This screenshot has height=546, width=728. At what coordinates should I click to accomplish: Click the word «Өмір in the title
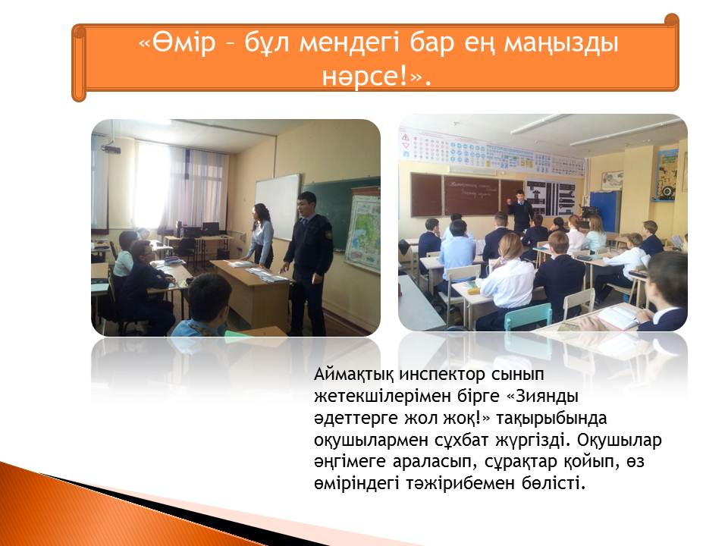coord(177,42)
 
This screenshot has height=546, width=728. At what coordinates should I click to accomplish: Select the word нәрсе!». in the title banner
coord(377,77)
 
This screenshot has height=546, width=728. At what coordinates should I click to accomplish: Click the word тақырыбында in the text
coord(551,419)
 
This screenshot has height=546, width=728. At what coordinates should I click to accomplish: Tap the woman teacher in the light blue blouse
coord(260,235)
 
